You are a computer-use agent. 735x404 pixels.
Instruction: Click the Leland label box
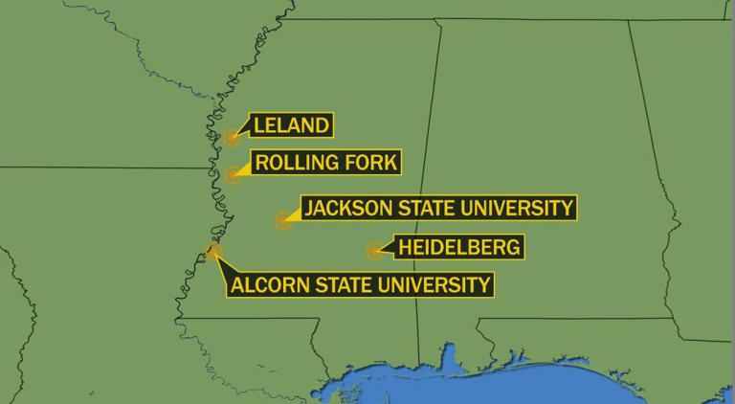[291, 124]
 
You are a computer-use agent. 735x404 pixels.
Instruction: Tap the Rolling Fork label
[325, 162]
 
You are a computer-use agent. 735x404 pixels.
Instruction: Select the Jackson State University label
[437, 207]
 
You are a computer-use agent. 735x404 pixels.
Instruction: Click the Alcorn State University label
[361, 284]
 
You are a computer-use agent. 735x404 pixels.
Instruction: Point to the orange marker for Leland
[232, 138]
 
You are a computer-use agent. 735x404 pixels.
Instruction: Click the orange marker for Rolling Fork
[233, 175]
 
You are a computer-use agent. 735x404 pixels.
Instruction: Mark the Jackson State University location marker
[282, 221]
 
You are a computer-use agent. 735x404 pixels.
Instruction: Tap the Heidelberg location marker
[374, 252]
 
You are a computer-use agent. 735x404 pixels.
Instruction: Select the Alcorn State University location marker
[213, 252]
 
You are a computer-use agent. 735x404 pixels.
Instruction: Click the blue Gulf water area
[536, 383]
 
